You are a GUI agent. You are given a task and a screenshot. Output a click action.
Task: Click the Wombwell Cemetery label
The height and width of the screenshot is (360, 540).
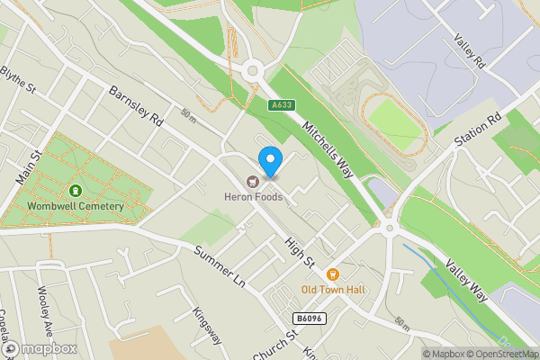pyautogui.click(x=75, y=207)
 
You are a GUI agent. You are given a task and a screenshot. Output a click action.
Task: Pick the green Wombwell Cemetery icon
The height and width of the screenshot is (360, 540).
pyautogui.click(x=75, y=191)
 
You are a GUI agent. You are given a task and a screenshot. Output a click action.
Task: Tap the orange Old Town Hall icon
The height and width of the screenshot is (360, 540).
pyautogui.click(x=332, y=274)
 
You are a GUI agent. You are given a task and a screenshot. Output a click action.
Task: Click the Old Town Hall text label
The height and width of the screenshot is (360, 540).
pyautogui.click(x=332, y=290)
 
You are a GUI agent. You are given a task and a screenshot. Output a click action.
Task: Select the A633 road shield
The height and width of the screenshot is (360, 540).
pyautogui.click(x=282, y=105)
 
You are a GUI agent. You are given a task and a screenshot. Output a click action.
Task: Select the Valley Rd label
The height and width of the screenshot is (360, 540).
pyautogui.click(x=469, y=52)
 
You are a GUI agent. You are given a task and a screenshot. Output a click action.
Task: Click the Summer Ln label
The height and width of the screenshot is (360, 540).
pyautogui.click(x=220, y=266)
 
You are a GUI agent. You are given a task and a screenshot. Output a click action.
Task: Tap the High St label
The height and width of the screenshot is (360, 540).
pyautogui.click(x=299, y=252)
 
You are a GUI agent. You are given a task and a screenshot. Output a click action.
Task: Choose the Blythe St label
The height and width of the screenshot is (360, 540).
pyautogui.click(x=17, y=79)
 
